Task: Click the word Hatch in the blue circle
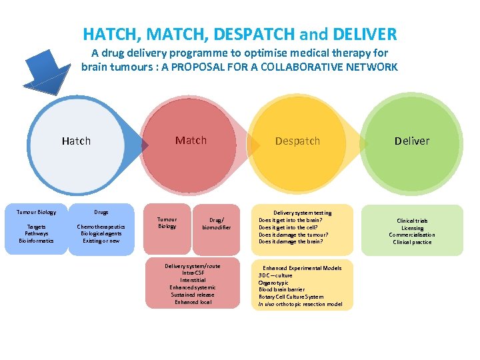click(76, 141)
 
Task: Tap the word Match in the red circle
click(191, 140)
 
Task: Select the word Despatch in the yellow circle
click(297, 141)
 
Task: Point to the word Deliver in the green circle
click(412, 141)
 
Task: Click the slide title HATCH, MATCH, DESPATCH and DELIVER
click(239, 33)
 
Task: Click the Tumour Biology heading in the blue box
click(37, 212)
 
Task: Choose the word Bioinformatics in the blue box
click(37, 241)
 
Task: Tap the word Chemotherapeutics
click(101, 227)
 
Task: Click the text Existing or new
click(101, 241)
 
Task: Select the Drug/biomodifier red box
click(216, 223)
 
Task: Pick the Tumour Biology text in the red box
click(167, 223)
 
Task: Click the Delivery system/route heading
click(192, 265)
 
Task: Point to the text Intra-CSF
click(192, 273)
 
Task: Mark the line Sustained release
click(192, 294)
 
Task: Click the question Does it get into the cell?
click(292, 227)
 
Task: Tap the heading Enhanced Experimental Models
click(301, 268)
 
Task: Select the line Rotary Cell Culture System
click(291, 297)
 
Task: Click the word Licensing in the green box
click(412, 228)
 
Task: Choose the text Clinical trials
click(412, 221)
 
